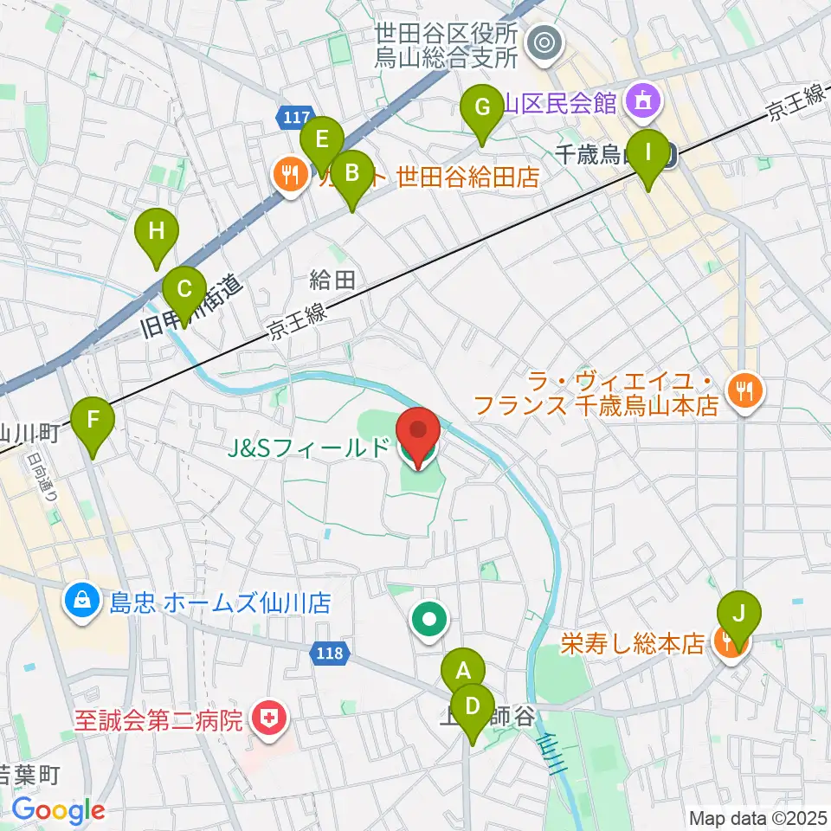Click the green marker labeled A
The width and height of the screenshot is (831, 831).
tap(463, 670)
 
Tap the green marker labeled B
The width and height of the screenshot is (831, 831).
tap(351, 172)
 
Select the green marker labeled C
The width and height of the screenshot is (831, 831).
tap(184, 289)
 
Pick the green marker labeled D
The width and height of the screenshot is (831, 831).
tap(472, 705)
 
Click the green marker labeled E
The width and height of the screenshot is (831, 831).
tap(321, 138)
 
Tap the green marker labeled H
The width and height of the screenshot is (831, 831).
tap(156, 231)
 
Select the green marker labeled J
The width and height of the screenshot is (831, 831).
tap(738, 613)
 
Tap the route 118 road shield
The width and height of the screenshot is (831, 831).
tap(331, 656)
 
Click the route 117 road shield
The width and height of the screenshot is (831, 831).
tap(295, 116)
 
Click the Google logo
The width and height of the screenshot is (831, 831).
tap(59, 810)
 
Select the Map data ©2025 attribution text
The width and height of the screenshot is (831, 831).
tap(758, 817)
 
